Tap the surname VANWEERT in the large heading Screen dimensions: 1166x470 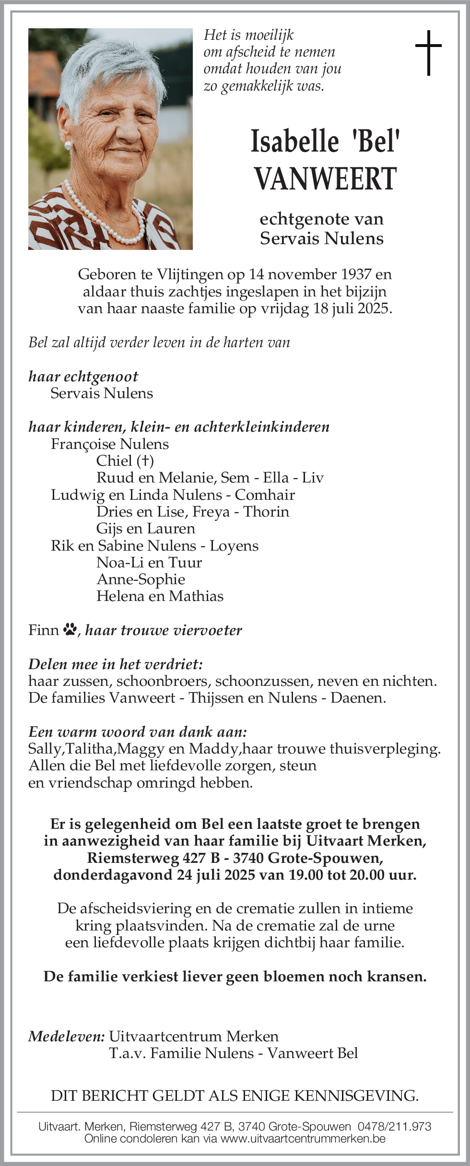[326, 178]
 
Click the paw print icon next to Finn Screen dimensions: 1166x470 [70, 629]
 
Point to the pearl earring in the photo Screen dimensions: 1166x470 [68, 145]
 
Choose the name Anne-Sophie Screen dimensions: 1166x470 [141, 579]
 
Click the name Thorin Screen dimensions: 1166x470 [266, 512]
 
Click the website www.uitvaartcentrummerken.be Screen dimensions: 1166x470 [303, 1139]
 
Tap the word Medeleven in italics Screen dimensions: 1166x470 [66, 1036]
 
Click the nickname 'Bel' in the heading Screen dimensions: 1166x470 [376, 141]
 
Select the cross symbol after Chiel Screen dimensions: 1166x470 [145, 461]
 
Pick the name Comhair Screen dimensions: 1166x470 [265, 495]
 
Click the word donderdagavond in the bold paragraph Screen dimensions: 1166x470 [113, 875]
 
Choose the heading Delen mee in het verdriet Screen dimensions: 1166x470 [116, 664]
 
